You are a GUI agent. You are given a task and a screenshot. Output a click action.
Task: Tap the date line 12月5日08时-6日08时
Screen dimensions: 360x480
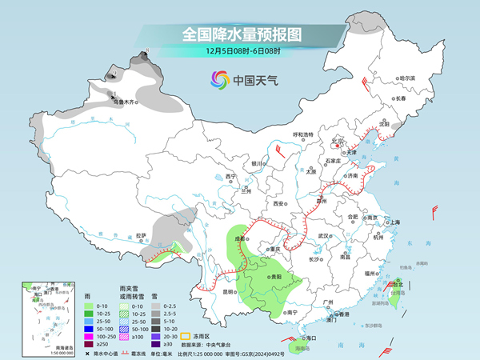239,52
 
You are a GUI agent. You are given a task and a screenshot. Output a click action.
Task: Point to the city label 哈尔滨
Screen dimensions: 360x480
408,78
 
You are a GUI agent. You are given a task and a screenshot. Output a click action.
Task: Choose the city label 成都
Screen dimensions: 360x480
240,238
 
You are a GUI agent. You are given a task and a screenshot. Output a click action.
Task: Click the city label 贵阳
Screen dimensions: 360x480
275,276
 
